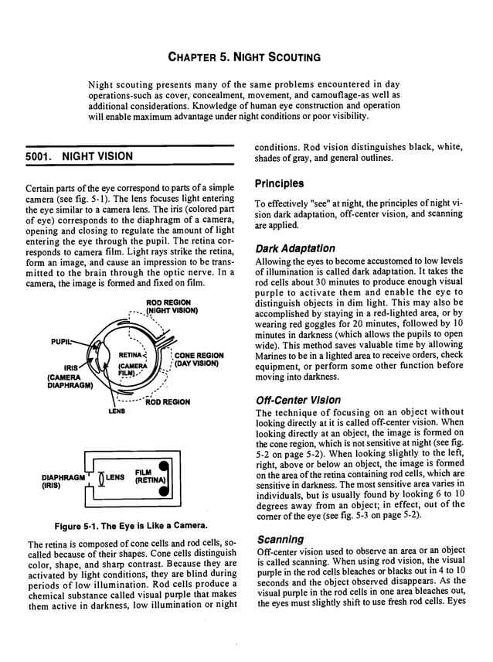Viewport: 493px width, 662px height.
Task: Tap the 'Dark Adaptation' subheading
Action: tap(295, 248)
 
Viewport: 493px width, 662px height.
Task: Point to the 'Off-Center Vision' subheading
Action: tap(297, 400)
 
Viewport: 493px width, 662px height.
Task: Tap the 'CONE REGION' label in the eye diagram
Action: tap(199, 356)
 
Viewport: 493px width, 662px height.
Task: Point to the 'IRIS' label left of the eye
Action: tap(71, 369)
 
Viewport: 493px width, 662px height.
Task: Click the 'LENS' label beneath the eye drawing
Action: tap(116, 411)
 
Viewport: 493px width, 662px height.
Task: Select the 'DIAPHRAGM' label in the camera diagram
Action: tap(56, 477)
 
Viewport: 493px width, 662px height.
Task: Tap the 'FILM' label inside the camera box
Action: tap(143, 471)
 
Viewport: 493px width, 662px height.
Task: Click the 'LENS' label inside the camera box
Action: tap(114, 476)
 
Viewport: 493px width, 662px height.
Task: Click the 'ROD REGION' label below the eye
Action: tap(168, 402)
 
